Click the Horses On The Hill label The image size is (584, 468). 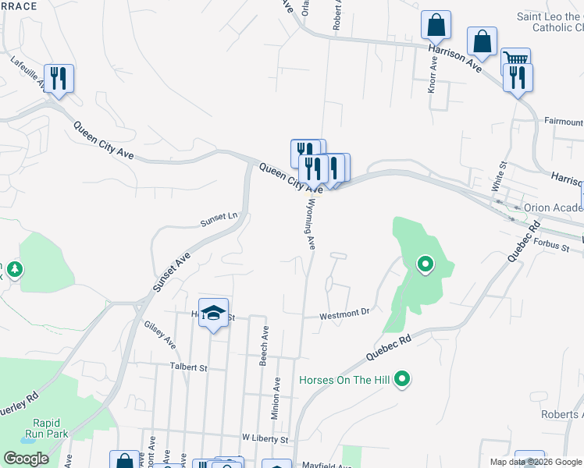[x=344, y=381]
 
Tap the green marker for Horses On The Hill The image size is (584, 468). [x=402, y=380]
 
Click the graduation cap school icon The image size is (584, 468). [x=213, y=314]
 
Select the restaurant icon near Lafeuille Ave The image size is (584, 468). [x=59, y=78]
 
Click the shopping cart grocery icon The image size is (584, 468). [x=515, y=60]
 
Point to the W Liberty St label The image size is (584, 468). [x=265, y=440]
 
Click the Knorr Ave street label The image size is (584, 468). [x=432, y=75]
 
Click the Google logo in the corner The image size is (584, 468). [x=25, y=459]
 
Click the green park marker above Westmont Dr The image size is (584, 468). [x=425, y=265]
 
